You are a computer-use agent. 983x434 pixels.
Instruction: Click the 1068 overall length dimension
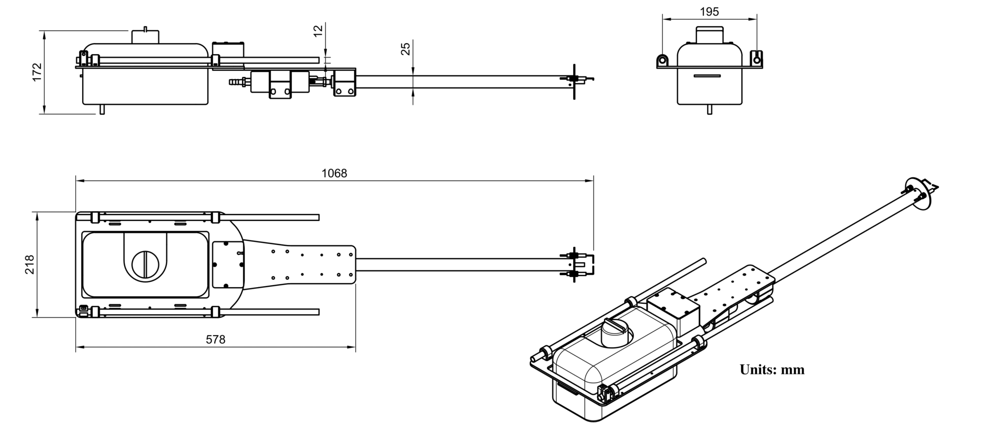pos(334,173)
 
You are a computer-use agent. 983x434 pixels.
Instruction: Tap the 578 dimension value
pos(216,340)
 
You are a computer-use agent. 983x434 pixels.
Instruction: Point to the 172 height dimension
pos(37,72)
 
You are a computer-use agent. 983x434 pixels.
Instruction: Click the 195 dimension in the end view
pos(709,12)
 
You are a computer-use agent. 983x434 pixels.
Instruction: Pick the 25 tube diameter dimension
pos(406,48)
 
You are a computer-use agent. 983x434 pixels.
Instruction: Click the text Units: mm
pos(772,370)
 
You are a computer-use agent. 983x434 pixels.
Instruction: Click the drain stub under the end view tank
pos(709,109)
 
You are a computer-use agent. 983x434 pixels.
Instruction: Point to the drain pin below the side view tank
pos(102,109)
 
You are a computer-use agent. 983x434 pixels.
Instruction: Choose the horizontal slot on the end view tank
pos(707,76)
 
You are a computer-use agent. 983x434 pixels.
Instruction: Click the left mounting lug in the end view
pos(663,60)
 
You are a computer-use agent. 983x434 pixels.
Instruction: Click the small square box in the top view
pos(228,264)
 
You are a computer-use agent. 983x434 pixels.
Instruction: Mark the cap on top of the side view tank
pos(145,36)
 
